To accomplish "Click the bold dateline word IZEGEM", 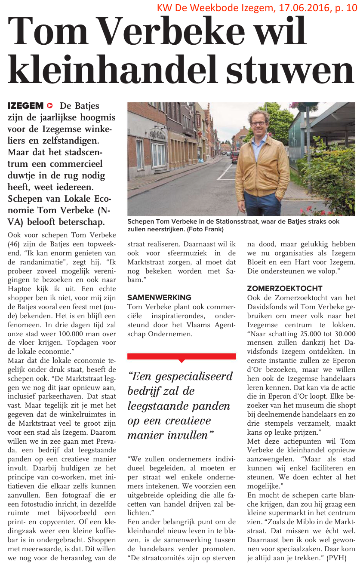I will (26, 106).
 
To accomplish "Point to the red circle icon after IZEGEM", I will (50, 106).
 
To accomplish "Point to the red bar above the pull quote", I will (182, 356).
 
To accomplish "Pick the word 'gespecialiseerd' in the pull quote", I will (196, 377).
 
